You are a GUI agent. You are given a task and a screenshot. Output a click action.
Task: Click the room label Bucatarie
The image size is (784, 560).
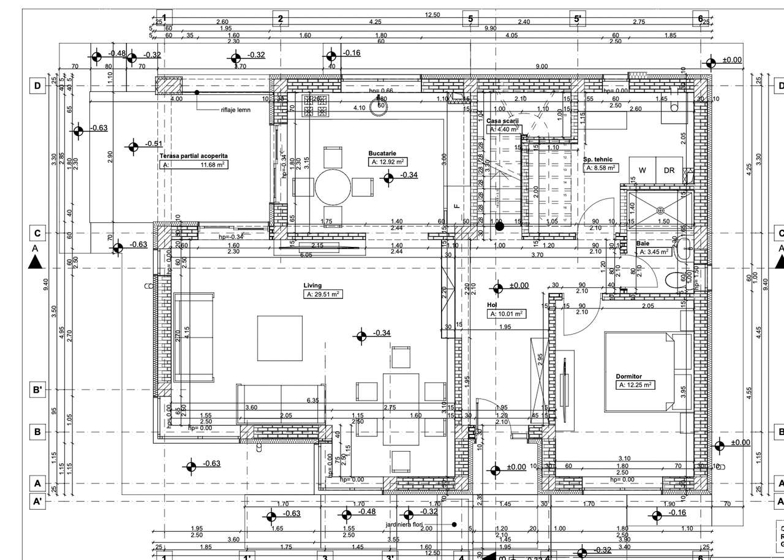[x=383, y=153]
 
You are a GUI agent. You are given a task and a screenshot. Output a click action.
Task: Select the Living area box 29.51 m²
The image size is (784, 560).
[x=323, y=295]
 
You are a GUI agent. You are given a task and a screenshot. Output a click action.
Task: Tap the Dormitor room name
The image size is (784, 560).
[x=628, y=376]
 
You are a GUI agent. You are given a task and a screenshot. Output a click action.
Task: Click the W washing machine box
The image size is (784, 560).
[x=642, y=170]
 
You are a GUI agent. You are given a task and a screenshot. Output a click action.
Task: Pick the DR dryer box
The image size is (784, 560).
[x=669, y=170]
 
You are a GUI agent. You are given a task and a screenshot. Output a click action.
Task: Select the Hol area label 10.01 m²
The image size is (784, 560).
[x=506, y=314]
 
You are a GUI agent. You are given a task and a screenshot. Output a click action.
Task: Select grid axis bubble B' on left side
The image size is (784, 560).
[x=37, y=390]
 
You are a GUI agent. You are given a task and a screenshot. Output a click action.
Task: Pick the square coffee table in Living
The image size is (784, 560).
[x=279, y=339]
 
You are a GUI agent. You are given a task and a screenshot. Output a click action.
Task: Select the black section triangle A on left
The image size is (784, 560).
[x=36, y=262]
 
